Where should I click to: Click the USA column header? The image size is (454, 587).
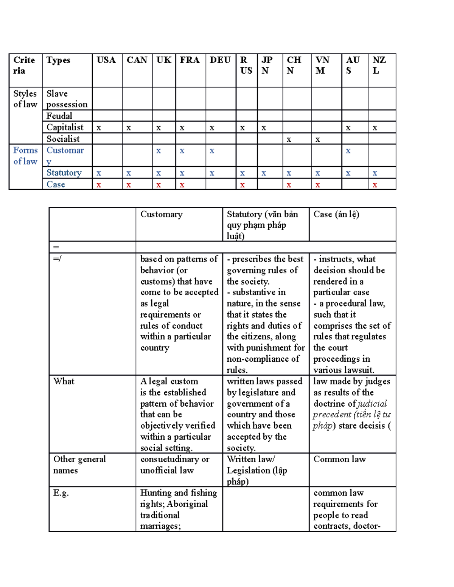pyautogui.click(x=106, y=60)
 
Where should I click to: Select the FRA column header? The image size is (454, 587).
pyautogui.click(x=190, y=60)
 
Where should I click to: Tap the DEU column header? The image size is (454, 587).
pyautogui.click(x=220, y=60)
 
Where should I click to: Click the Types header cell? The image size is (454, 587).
pyautogui.click(x=58, y=60)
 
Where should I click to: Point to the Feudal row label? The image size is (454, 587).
pyautogui.click(x=59, y=116)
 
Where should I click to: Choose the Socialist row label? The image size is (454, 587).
pyautogui.click(x=63, y=139)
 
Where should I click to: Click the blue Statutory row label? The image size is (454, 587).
pyautogui.click(x=64, y=173)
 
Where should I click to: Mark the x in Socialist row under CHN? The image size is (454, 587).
pyautogui.click(x=289, y=139)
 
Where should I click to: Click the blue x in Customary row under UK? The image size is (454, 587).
pyautogui.click(x=159, y=151)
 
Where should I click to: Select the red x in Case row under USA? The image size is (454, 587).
pyautogui.click(x=99, y=185)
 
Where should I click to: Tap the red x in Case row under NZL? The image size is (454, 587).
pyautogui.click(x=375, y=185)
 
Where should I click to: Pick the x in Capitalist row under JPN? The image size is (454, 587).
pyautogui.click(x=264, y=128)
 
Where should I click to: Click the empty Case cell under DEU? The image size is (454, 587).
pyautogui.click(x=221, y=184)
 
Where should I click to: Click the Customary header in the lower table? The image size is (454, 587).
pyautogui.click(x=162, y=214)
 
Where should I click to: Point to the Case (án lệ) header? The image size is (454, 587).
pyautogui.click(x=336, y=214)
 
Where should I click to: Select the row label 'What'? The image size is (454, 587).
pyautogui.click(x=64, y=381)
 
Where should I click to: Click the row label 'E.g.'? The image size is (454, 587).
pyautogui.click(x=61, y=493)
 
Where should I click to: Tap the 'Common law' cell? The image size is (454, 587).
pyautogui.click(x=339, y=459)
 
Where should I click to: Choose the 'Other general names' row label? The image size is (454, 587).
pyautogui.click(x=79, y=465)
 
